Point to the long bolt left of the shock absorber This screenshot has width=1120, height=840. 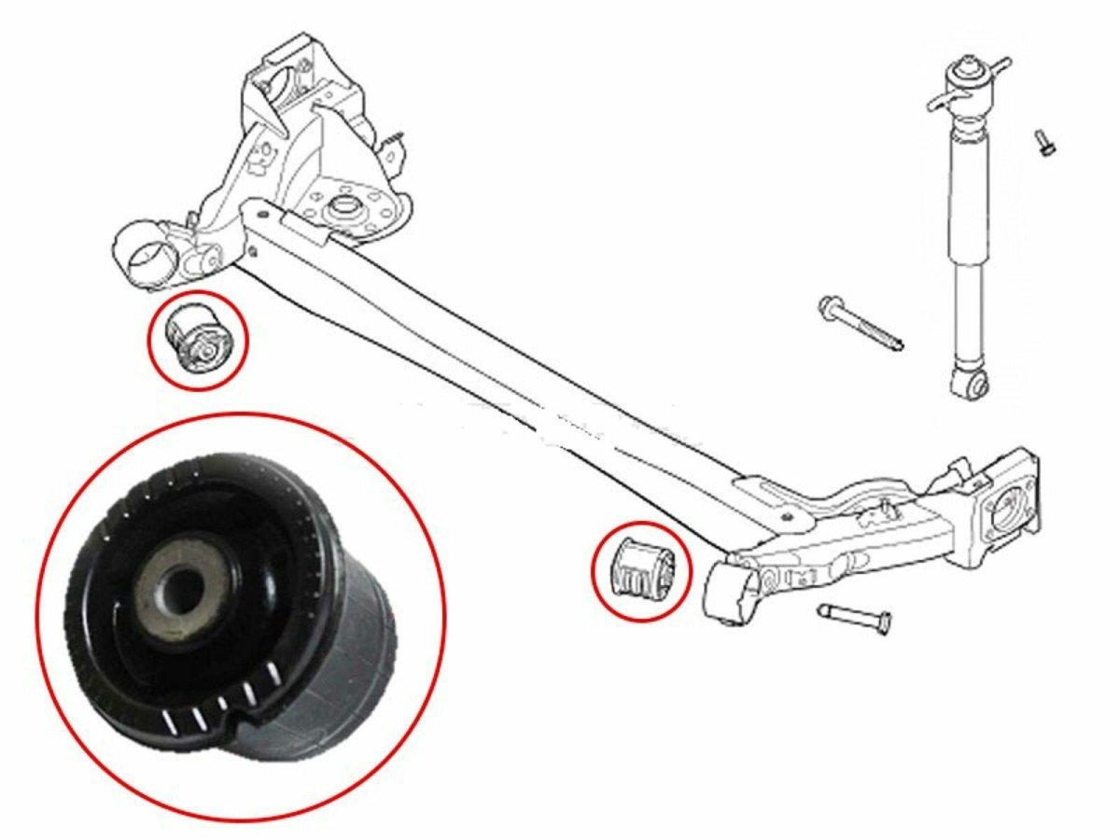[859, 325]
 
